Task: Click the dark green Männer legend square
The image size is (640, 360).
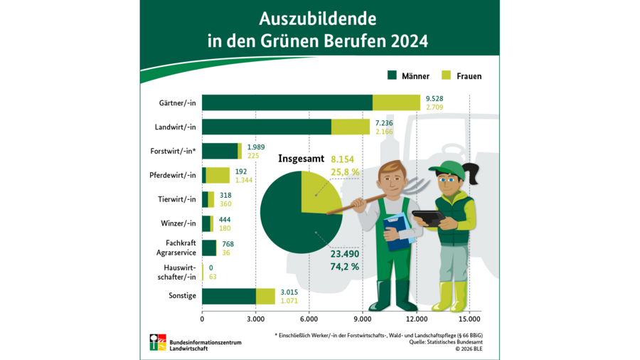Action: [x=392, y=75]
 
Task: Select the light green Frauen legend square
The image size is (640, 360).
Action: [x=447, y=75]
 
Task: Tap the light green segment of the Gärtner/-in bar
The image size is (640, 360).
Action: [x=396, y=102]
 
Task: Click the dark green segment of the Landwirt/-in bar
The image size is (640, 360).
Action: [x=267, y=127]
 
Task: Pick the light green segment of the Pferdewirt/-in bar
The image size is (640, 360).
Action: [x=218, y=175]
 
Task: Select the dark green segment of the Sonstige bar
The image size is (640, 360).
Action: [x=229, y=296]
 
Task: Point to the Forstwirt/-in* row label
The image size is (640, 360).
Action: [x=173, y=152]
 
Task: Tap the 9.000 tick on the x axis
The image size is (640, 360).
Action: [x=363, y=318]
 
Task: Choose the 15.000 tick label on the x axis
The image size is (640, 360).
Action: [x=469, y=318]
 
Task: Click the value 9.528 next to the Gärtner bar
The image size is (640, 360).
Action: [x=435, y=98]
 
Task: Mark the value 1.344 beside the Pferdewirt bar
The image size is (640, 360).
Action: [x=245, y=180]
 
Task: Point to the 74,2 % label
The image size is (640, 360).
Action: [x=344, y=267]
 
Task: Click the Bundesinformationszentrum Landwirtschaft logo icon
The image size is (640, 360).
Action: [x=158, y=342]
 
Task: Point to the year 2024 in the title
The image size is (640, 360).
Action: [x=409, y=41]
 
